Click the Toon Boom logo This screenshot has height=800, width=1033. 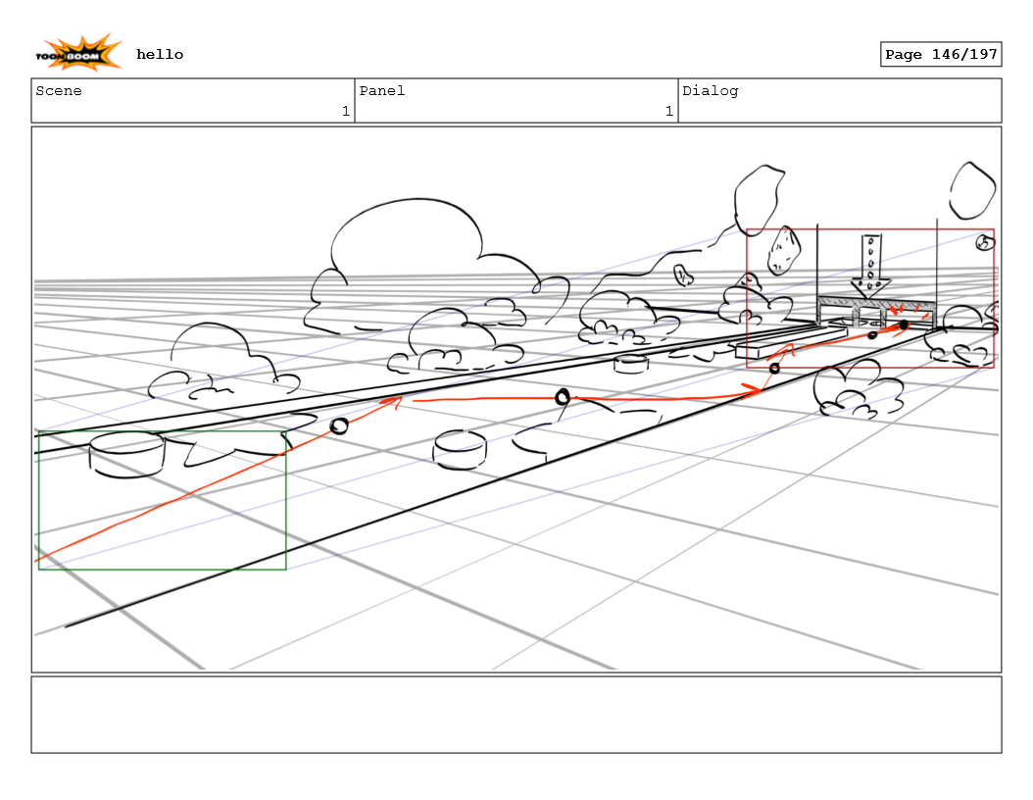point(79,53)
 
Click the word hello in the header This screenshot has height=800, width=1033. point(160,55)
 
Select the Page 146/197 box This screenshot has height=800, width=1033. point(940,55)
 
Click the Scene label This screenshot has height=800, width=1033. point(59,91)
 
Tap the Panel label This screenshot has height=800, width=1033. point(382,91)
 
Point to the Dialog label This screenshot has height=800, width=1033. point(711,91)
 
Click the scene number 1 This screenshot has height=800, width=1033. point(345,112)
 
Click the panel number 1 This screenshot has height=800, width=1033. point(668,112)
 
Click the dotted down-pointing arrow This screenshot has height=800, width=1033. point(870,265)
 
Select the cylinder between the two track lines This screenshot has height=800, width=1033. point(460,449)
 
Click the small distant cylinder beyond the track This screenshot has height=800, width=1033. point(631,364)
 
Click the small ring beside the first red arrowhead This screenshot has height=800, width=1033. point(339,426)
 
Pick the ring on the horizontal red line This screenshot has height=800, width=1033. point(563,397)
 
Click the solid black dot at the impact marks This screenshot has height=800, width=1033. point(904,325)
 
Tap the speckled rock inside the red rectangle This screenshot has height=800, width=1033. point(784,251)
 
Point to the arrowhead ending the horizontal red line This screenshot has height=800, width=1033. point(753,390)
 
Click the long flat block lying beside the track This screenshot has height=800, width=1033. point(790,342)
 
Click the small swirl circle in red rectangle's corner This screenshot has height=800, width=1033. point(984,243)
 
